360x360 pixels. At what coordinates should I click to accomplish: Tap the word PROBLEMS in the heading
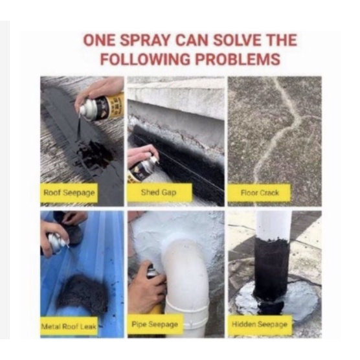pyautogui.click(x=238, y=59)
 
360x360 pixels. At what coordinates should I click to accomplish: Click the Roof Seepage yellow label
pyautogui.click(x=69, y=193)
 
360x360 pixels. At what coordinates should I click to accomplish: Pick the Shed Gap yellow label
pyautogui.click(x=159, y=192)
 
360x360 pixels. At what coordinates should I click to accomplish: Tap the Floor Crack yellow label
pyautogui.click(x=259, y=193)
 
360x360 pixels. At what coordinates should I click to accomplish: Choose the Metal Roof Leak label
pyautogui.click(x=69, y=326)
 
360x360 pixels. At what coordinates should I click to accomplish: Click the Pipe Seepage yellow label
pyautogui.click(x=155, y=324)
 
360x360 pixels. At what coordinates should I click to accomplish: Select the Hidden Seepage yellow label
pyautogui.click(x=260, y=324)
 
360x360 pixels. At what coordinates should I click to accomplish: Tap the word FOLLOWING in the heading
pyautogui.click(x=146, y=59)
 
